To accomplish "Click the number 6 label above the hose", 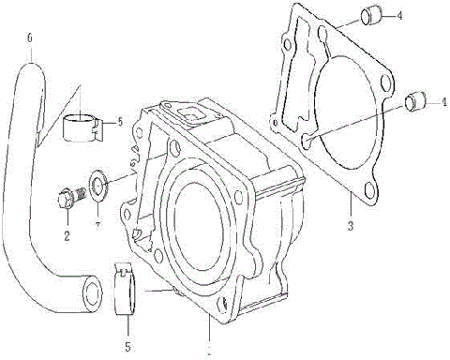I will point(30,39).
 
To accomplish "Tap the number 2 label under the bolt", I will point(67,235).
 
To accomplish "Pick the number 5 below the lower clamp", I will point(127,332).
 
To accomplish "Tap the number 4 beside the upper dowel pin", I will point(399,16).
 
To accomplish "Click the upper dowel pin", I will point(371,16).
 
